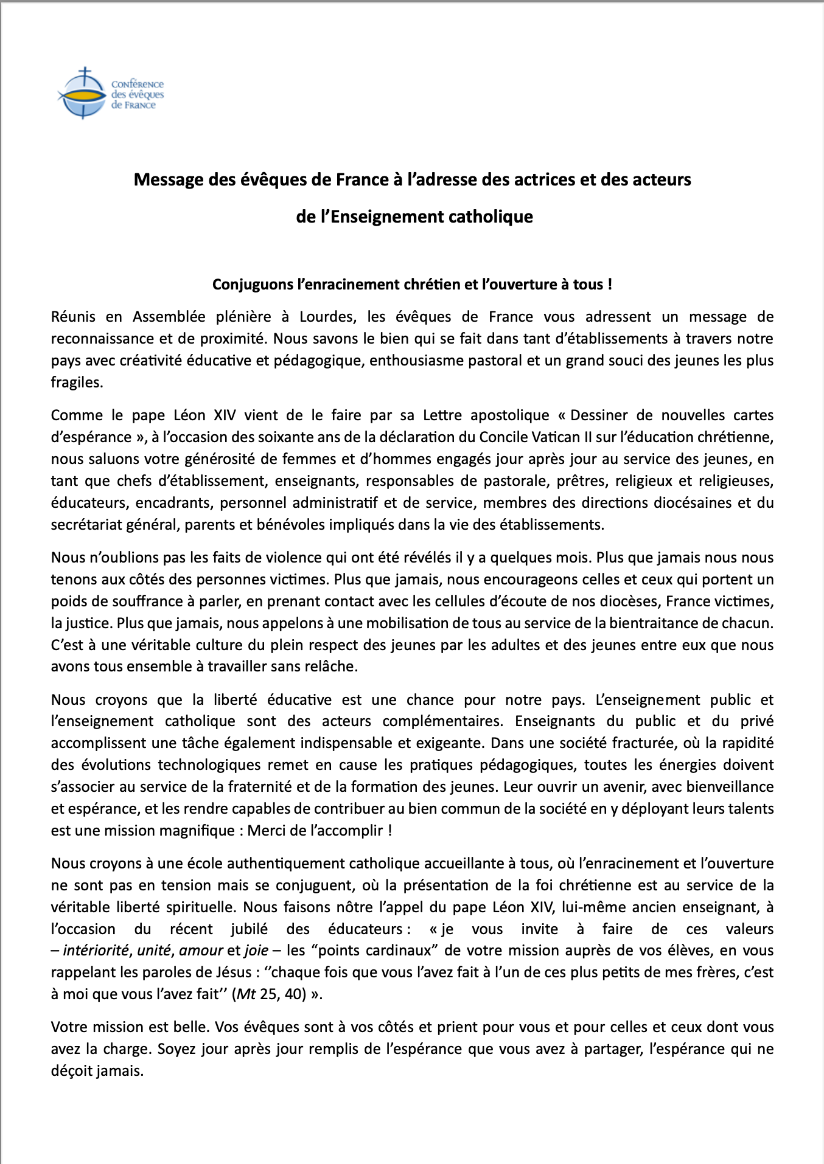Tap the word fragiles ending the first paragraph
tap(76, 383)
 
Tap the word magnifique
tap(197, 831)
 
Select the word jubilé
tap(250, 929)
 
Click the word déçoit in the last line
tap(71, 1071)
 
